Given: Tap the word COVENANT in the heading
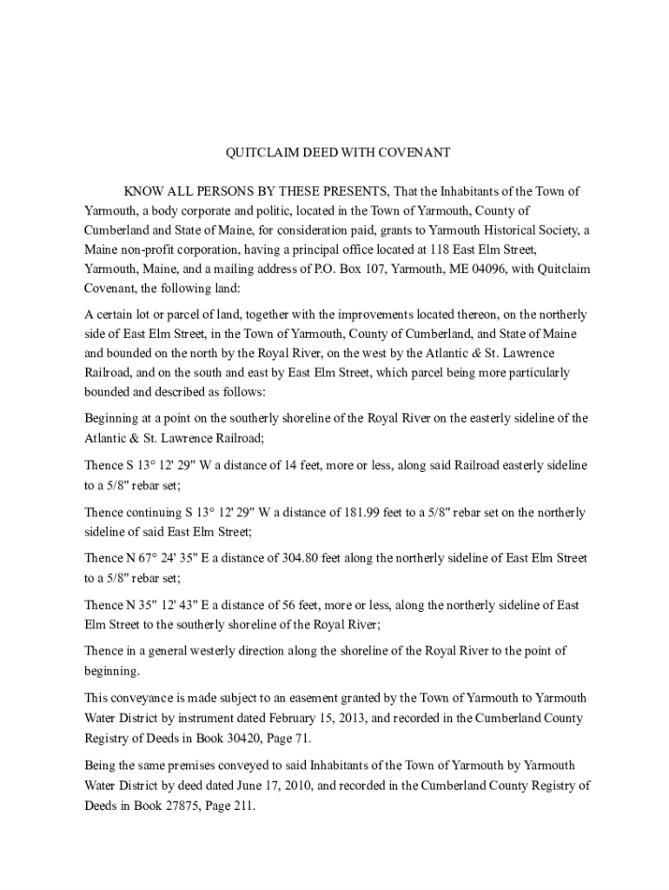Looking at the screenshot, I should click(413, 152).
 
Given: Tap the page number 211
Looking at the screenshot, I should click(244, 806).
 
